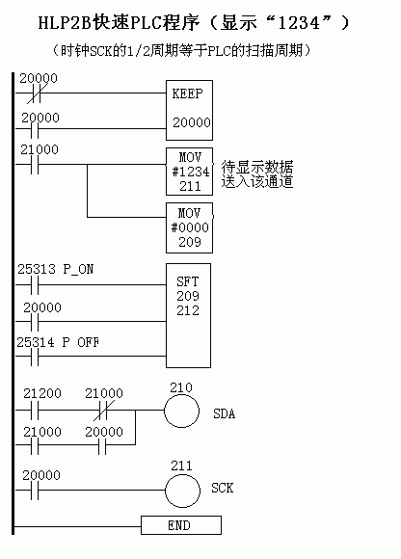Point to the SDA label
pyautogui.click(x=224, y=413)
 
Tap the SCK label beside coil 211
pyautogui.click(x=222, y=488)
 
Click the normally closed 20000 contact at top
pyautogui.click(x=35, y=93)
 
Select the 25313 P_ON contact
pyautogui.click(x=35, y=285)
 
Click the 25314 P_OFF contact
pyautogui.click(x=35, y=357)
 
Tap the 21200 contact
pyautogui.click(x=35, y=411)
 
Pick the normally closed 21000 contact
pyautogui.click(x=103, y=411)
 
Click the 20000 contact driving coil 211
pyautogui.click(x=35, y=491)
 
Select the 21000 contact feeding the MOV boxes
pyautogui.click(x=35, y=165)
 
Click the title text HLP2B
pyautogui.click(x=65, y=23)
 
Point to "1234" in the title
pyautogui.click(x=299, y=23)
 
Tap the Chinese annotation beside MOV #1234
pyautogui.click(x=257, y=174)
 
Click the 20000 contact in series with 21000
pyautogui.click(x=102, y=445)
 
